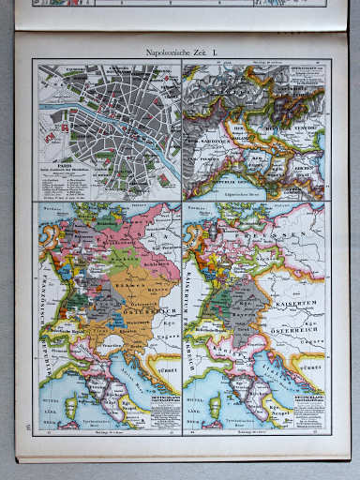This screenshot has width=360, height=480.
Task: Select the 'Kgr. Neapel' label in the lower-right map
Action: click(293, 416)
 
